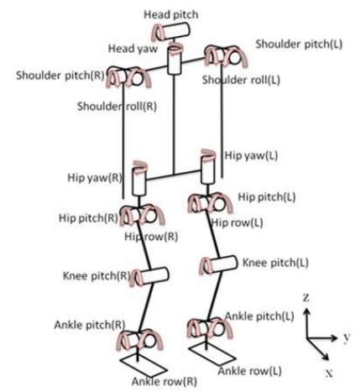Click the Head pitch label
coord(171,15)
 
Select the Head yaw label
coord(133,49)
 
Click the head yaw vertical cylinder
coord(175,60)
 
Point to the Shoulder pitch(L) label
coord(299,44)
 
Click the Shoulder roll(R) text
coord(117,107)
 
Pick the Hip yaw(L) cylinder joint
coord(208,168)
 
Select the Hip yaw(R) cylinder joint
coord(139,180)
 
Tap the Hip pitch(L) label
coord(267,197)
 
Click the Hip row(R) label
coord(151,237)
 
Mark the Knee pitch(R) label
coord(97,276)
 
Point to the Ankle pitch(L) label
coord(259,316)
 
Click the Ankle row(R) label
coord(164,382)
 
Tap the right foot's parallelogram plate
coord(143,367)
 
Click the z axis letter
coord(306,298)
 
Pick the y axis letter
coord(347,337)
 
